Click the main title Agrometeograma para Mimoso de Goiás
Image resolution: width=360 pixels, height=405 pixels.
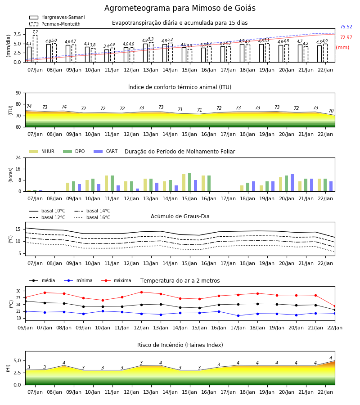tap(180, 8)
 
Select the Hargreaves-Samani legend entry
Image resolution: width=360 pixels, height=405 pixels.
tap(57, 17)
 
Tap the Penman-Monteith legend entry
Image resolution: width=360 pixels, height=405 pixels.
tap(55, 24)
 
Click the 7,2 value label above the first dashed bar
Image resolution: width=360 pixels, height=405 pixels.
tap(35, 32)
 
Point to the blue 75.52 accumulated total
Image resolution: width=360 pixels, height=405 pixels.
tap(346, 27)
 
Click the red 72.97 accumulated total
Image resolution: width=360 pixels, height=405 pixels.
tap(346, 37)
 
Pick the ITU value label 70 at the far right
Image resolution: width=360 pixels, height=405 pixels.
tap(331, 111)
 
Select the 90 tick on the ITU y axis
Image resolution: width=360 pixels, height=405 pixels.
tap(18, 93)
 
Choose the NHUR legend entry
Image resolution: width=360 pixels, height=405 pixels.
tap(42, 151)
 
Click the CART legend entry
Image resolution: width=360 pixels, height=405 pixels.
tap(106, 151)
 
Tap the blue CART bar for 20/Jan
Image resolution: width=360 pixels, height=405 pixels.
tap(292, 183)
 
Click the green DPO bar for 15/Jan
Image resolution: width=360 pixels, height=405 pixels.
tap(190, 182)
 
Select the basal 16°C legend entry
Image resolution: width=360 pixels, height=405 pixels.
tap(92, 217)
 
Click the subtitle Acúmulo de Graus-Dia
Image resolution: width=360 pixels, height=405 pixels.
tap(180, 216)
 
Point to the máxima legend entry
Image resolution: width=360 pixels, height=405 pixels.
tap(116, 280)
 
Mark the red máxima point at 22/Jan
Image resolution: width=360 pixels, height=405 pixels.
tap(335, 306)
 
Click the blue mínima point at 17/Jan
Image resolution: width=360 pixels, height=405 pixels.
tap(238, 315)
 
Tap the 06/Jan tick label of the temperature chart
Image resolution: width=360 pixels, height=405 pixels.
tap(25, 328)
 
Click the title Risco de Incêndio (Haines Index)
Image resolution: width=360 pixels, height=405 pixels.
tap(180, 345)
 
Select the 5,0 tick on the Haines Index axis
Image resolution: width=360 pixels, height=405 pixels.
tap(18, 360)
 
